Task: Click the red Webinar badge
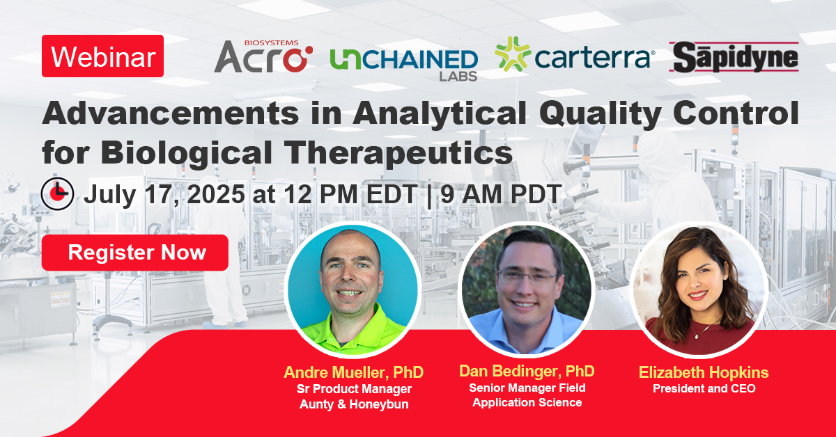point(102,56)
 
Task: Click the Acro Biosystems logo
point(263,56)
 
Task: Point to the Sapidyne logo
point(734,57)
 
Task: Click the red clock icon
point(57,194)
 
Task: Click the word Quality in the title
point(600,113)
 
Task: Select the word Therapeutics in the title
point(398,153)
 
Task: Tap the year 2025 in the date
point(216,194)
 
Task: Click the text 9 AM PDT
point(501,194)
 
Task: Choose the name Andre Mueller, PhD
point(354,372)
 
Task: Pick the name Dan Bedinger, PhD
point(527,371)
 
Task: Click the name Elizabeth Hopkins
point(704,372)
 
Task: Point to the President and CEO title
point(704,388)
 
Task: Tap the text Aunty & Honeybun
point(354,404)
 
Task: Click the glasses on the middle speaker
point(527,277)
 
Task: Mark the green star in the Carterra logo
point(513,54)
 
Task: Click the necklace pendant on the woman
point(697,336)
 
